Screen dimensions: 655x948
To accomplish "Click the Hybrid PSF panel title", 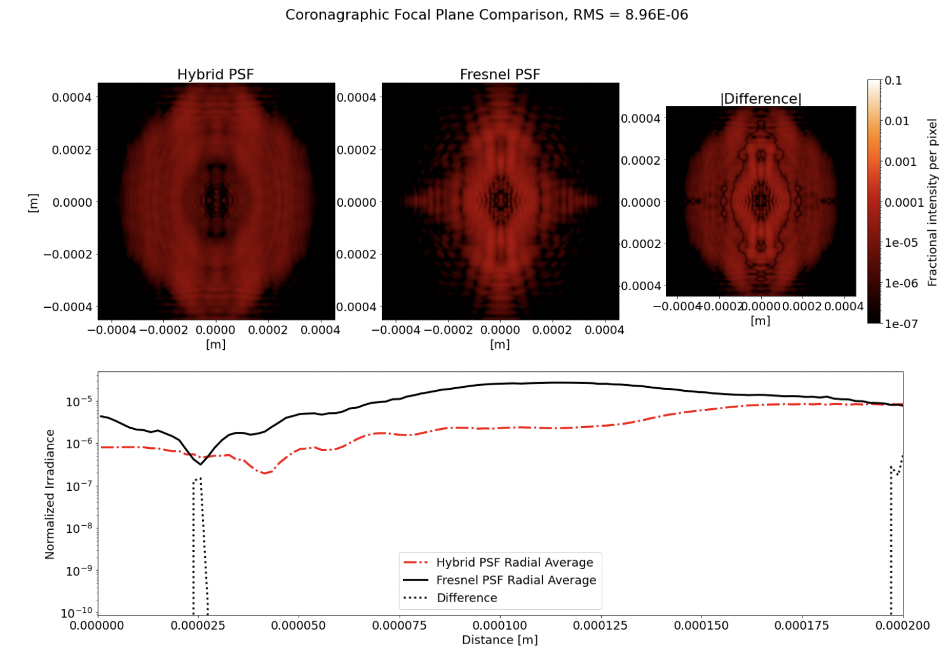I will (x=215, y=74).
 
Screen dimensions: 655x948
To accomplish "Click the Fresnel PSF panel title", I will (x=500, y=74).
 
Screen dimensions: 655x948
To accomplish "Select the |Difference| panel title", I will (x=761, y=99).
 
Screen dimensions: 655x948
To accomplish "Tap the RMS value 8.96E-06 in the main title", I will (x=656, y=15).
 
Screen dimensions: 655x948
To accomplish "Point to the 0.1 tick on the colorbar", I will (x=893, y=81).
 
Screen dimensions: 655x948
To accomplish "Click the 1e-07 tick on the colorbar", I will (x=901, y=324).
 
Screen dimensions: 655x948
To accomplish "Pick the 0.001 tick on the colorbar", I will (x=900, y=162).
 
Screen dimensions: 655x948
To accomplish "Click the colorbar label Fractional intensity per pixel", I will (x=932, y=202).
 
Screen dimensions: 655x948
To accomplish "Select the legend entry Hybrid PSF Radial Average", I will (x=514, y=562).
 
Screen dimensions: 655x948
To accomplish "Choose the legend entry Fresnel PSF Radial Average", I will (x=516, y=580).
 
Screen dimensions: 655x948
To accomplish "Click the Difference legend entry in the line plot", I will (x=466, y=598).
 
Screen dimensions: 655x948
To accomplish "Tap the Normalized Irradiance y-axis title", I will (x=50, y=494).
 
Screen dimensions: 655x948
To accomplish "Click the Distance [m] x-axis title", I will (x=500, y=640).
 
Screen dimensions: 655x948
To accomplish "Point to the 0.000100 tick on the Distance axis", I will (x=500, y=625).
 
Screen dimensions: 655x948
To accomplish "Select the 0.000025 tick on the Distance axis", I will (x=198, y=625).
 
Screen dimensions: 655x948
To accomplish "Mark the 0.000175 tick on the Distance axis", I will (x=802, y=625).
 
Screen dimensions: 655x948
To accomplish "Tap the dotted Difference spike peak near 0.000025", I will (x=200, y=478).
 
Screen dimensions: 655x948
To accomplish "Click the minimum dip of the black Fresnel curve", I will (x=200, y=464).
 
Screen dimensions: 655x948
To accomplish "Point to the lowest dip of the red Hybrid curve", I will (x=264, y=473).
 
